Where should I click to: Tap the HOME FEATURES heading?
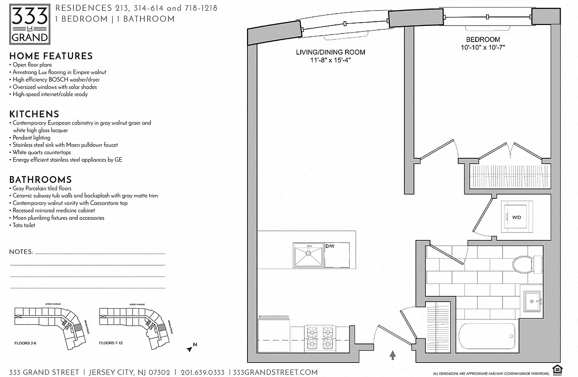(x=51, y=56)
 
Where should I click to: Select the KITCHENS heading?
(x=34, y=114)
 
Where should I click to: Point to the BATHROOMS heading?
(x=41, y=180)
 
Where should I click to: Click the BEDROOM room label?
(x=483, y=40)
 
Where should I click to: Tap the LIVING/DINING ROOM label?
(x=330, y=52)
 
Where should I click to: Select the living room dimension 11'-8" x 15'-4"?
(x=330, y=60)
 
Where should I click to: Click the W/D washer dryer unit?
(x=516, y=217)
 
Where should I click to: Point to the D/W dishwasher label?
(x=330, y=246)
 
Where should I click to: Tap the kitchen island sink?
(x=308, y=255)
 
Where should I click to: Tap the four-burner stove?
(x=319, y=337)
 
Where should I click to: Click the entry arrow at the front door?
(x=392, y=354)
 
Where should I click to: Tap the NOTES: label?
(x=21, y=252)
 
